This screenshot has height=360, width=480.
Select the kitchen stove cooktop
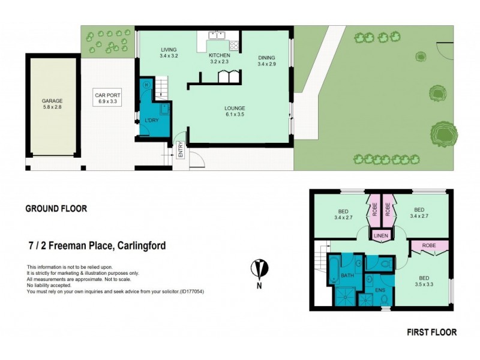(x=233, y=44)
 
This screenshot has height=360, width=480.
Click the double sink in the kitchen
(x=216, y=43)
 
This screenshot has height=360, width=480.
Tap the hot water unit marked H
(x=146, y=85)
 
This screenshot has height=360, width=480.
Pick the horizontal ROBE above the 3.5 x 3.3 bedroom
(x=429, y=245)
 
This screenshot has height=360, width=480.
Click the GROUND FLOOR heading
(x=56, y=209)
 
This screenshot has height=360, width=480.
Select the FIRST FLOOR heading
(x=431, y=332)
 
